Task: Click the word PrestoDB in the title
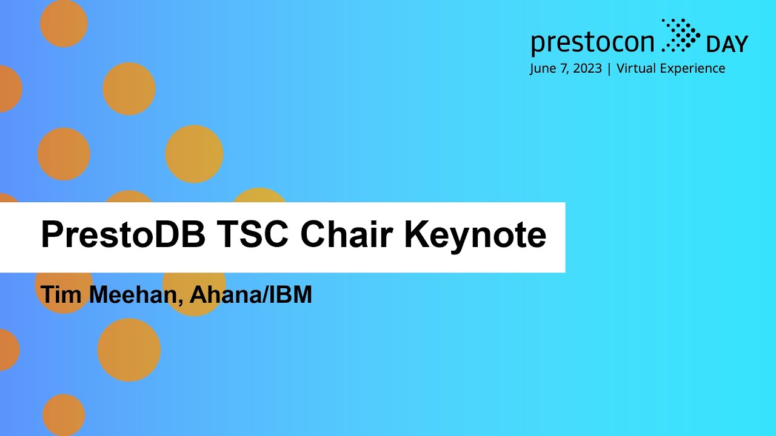pos(123,234)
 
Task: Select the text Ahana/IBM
pos(250,295)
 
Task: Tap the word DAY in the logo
pos(727,44)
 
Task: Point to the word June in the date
pos(543,68)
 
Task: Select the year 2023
pos(587,68)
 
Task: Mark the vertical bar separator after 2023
pos(609,68)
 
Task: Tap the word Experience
pos(692,68)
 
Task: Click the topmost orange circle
pos(64,24)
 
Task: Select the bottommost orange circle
pos(64,415)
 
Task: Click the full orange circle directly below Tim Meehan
pos(129,350)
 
